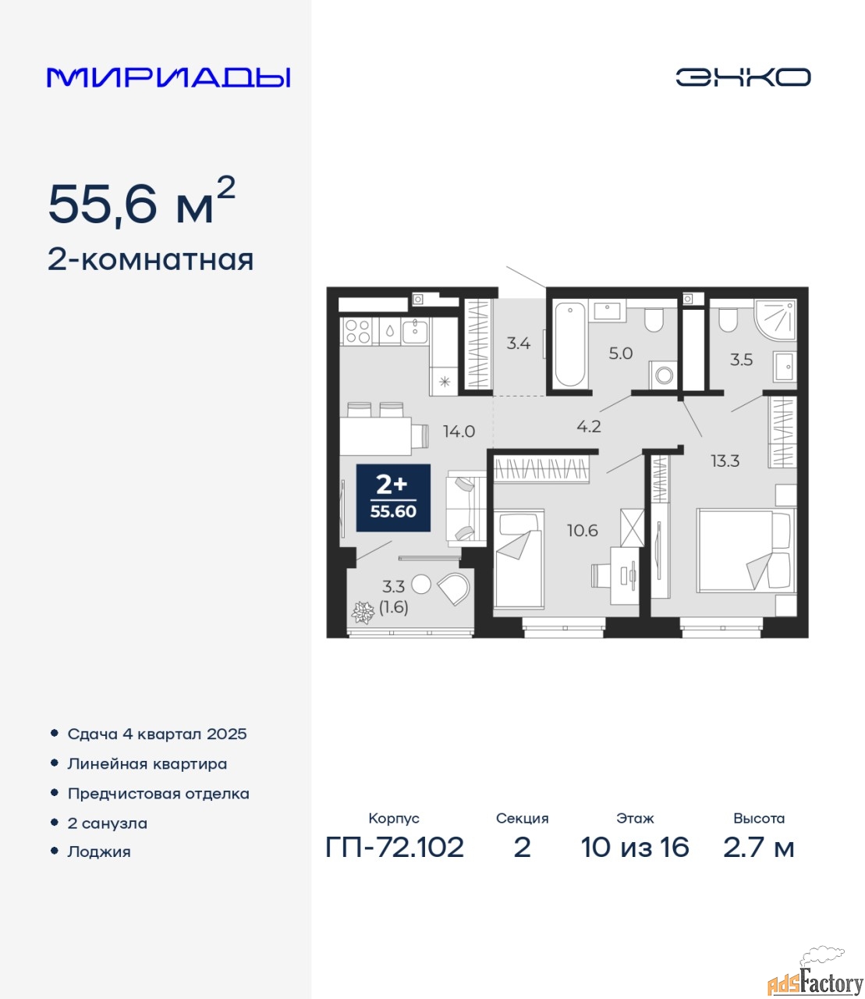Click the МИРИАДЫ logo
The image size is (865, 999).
click(x=168, y=77)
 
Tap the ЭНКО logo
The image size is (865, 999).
click(x=743, y=76)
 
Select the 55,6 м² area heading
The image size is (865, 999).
click(x=142, y=201)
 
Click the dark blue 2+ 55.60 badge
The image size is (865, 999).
click(x=393, y=498)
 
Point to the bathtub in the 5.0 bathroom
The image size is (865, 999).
click(x=570, y=343)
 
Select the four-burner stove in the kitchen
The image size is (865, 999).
click(x=358, y=331)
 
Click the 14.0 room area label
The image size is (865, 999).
click(x=459, y=431)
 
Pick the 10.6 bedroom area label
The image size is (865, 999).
click(x=583, y=531)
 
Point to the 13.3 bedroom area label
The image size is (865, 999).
click(x=725, y=461)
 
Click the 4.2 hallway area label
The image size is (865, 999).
click(x=589, y=426)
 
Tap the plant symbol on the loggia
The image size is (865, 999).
click(x=363, y=613)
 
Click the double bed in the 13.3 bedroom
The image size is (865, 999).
click(x=746, y=550)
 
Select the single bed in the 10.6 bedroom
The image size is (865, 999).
click(x=519, y=558)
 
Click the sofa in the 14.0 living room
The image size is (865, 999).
click(x=466, y=508)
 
